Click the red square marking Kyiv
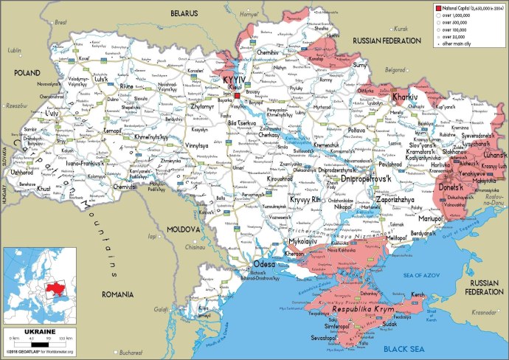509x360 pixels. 238,95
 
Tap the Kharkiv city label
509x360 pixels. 405,97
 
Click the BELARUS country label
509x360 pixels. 184,13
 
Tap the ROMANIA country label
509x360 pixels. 117,294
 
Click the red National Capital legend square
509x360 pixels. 438,7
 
